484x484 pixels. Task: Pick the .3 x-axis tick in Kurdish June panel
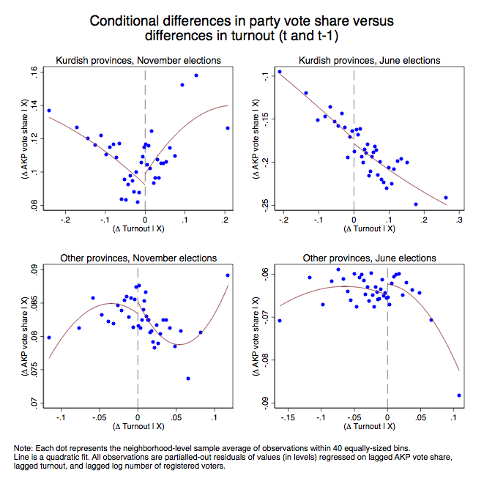tap(459, 218)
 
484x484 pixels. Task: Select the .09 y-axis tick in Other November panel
tap(32, 270)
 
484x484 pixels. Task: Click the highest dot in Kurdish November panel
tap(196, 75)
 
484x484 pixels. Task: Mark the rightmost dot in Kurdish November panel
tap(228, 128)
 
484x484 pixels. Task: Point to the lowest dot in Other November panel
tap(188, 379)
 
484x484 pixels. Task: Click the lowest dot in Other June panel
tap(459, 395)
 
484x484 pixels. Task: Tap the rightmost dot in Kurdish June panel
tap(445, 198)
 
